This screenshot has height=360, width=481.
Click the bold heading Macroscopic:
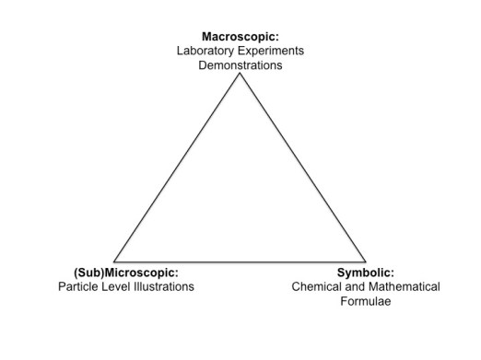point(240,36)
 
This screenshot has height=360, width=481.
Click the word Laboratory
point(206,51)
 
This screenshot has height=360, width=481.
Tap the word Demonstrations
point(240,65)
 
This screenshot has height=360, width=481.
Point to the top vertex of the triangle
point(240,73)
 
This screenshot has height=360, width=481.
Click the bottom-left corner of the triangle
point(113,261)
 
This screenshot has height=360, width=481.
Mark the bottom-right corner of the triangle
point(366,261)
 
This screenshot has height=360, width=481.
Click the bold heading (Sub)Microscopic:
point(125,273)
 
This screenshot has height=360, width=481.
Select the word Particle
point(76,286)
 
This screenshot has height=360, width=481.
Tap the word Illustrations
point(162,286)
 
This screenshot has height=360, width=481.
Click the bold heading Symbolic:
point(365,273)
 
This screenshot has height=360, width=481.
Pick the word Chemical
point(317,286)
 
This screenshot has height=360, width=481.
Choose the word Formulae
point(366,301)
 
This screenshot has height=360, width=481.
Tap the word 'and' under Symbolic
point(355,286)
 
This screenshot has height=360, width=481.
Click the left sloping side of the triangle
point(176,168)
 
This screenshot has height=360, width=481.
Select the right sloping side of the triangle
point(303,168)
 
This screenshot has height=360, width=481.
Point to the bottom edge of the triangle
point(240,261)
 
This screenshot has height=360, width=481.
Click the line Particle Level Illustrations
point(125,286)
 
